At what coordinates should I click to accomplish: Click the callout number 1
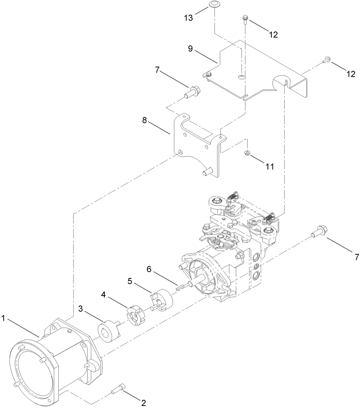coord(4,317)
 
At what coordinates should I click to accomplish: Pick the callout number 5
coord(130,281)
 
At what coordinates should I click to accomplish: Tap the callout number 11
coord(270,167)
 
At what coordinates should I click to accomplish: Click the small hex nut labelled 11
coord(247,153)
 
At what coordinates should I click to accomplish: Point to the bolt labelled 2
coord(117,390)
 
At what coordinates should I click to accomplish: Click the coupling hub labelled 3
coord(107,330)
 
